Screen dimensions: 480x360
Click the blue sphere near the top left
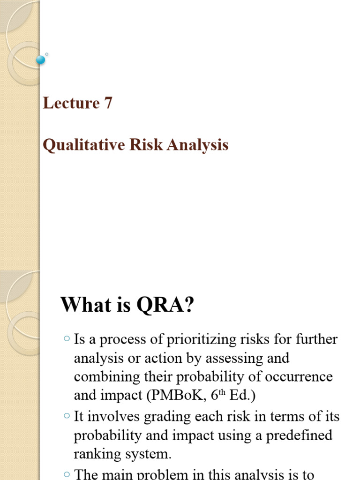click(40, 60)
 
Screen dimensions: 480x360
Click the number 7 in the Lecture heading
click(108, 103)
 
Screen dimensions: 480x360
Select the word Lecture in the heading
click(71, 103)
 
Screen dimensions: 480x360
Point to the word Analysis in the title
click(200, 145)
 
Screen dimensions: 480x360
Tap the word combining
click(104, 377)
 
